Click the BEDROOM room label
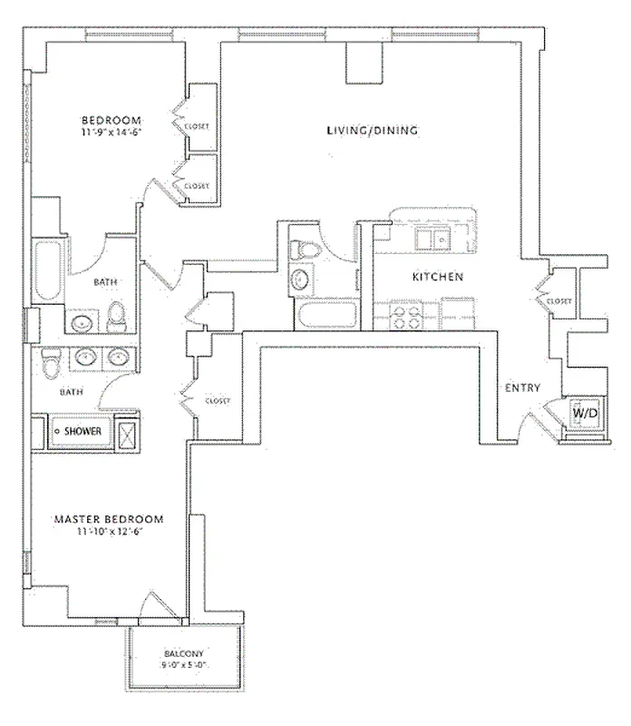[x=112, y=121]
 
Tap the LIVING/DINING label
[x=372, y=131]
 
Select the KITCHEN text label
[x=439, y=277]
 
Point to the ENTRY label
[x=522, y=388]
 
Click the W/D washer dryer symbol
[x=583, y=414]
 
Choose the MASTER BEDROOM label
[x=109, y=519]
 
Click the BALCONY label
[x=184, y=654]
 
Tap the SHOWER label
[x=83, y=431]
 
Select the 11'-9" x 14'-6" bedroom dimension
[x=112, y=132]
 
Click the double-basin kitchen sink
[x=430, y=240]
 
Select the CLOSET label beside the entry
[x=559, y=301]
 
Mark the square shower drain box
[x=129, y=431]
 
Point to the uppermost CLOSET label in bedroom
[x=197, y=126]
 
